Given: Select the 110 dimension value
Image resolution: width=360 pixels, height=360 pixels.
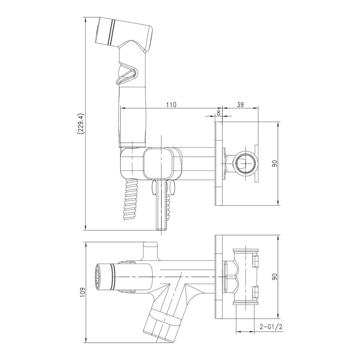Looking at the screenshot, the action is pos(171,105).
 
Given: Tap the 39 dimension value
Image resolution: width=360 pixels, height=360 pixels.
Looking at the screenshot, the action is pos(240,105).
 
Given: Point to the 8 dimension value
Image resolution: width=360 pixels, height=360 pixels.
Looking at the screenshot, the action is pos(218,113).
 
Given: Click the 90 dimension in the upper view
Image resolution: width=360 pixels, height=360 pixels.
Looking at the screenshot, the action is pos(275,164).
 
